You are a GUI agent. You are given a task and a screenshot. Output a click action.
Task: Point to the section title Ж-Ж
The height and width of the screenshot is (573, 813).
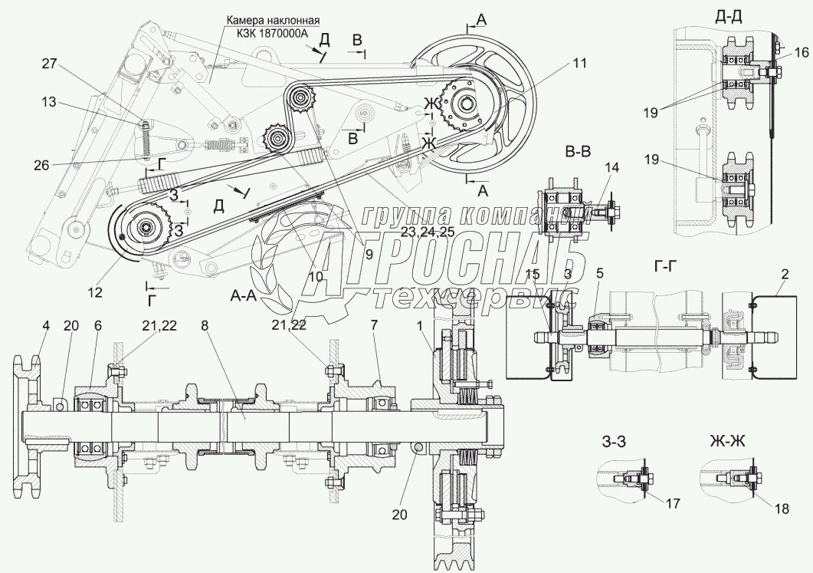click(x=726, y=441)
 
